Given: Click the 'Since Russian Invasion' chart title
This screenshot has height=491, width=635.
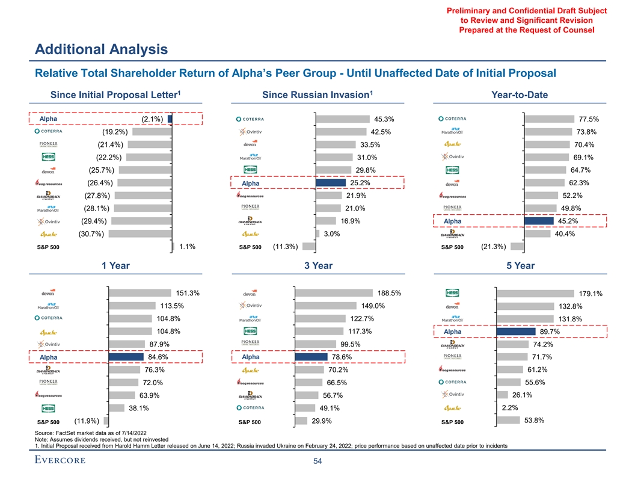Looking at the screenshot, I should coord(315,95).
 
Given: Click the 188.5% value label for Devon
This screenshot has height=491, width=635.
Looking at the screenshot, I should coord(390,293).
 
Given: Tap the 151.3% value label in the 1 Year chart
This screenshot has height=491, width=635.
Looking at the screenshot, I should coord(188,294).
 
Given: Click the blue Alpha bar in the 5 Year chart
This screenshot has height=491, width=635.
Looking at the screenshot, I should coord(515,332).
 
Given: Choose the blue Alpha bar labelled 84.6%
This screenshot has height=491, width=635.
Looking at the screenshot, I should coord(126,357).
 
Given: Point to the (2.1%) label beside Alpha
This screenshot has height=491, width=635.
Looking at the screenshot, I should coord(152,119).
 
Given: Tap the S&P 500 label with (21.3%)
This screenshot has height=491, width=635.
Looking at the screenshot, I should coord(452,247).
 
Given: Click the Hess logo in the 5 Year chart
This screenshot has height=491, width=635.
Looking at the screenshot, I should coord(452,293).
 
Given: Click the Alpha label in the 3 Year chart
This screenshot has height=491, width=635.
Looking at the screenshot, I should coord(250,357).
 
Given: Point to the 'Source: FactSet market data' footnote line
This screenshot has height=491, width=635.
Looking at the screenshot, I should coord(91,433).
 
